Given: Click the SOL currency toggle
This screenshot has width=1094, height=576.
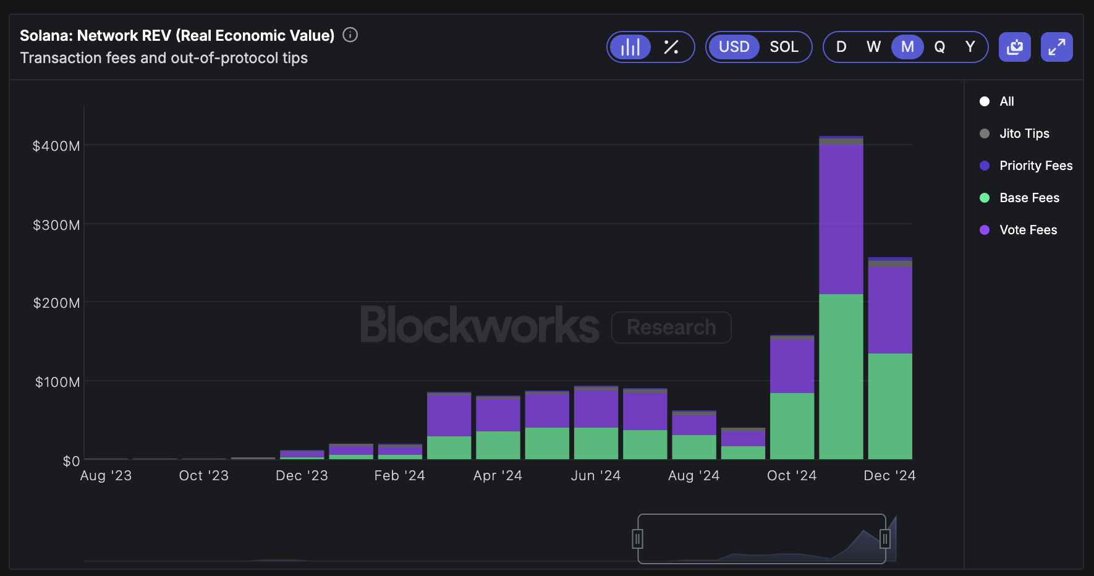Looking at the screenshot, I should [784, 47].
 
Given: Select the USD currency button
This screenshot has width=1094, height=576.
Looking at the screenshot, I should [734, 47].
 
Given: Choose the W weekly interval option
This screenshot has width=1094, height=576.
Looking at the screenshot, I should [873, 47].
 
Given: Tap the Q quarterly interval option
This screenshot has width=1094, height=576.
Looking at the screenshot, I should [939, 47].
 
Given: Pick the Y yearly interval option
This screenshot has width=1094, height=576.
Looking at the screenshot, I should [970, 47].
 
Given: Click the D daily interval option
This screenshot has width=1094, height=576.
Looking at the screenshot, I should [841, 47].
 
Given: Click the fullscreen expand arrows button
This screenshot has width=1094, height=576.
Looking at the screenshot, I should [1056, 47].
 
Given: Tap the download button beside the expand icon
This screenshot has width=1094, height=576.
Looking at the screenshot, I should [1014, 47].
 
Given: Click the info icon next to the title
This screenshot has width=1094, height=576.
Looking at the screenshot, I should [350, 35].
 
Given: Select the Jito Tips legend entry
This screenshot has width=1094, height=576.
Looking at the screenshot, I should [1024, 133].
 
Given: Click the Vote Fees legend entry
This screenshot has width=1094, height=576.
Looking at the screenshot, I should [1027, 230].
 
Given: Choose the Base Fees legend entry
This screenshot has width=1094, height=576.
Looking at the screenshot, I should [1028, 198].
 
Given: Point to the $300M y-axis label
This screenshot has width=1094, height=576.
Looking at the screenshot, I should [56, 225].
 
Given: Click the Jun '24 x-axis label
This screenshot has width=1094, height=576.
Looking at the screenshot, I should [595, 475].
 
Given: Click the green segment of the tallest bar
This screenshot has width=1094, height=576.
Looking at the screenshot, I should [841, 377].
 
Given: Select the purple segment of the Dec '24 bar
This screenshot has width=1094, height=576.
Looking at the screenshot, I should [890, 309].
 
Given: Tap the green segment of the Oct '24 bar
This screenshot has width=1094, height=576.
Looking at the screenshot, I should [792, 426].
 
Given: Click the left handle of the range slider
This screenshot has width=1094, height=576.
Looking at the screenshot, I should [637, 539].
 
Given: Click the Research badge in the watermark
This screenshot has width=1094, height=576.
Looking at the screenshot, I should [671, 327].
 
